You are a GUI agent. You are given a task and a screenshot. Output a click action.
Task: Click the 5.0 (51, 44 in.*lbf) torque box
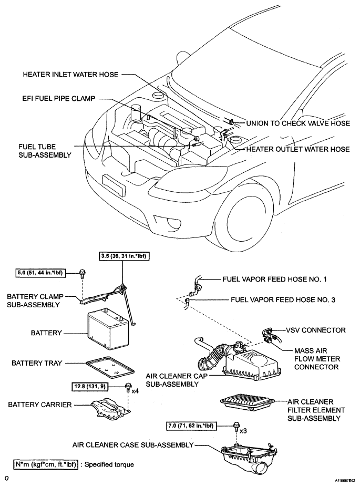click(40, 273)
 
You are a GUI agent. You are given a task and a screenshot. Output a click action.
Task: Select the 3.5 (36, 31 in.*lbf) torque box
click(123, 256)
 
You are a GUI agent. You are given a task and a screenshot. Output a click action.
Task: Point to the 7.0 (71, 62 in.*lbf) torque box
click(191, 426)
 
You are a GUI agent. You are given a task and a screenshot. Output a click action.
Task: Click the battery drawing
click(108, 328)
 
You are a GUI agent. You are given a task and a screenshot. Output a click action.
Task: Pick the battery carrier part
click(111, 408)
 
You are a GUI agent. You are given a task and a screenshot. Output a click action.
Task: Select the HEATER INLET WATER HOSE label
click(70, 75)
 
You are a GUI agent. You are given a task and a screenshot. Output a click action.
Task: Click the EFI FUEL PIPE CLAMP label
click(59, 98)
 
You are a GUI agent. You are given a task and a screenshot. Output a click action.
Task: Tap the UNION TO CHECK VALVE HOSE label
click(298, 123)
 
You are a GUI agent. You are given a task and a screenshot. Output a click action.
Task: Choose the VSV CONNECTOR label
click(315, 330)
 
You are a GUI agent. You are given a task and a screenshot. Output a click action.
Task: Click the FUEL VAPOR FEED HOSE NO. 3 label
click(283, 300)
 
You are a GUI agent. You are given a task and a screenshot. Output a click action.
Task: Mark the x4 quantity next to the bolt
click(135, 391)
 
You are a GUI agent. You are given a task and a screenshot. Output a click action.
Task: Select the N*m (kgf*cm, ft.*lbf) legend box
click(45, 464)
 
